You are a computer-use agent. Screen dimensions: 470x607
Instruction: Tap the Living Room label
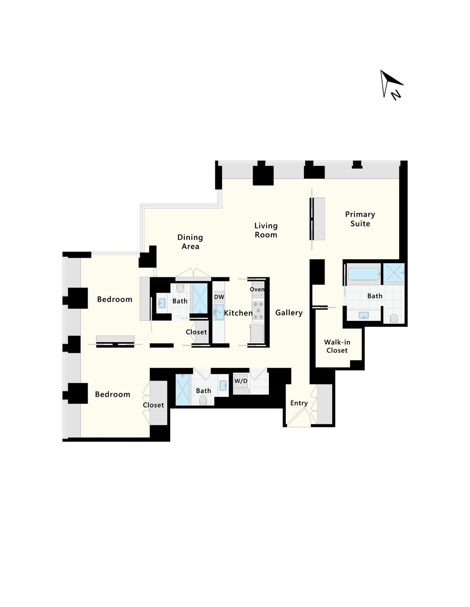pos(266,230)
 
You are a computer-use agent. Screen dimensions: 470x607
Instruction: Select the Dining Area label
pos(190,242)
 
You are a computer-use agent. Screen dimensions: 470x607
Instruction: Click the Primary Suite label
pos(360,219)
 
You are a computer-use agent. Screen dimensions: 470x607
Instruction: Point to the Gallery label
pos(289,313)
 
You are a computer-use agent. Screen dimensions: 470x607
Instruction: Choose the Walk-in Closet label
pos(337,346)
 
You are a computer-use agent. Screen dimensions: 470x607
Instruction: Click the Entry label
pos(299,403)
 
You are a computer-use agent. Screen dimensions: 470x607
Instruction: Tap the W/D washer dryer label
pos(241,381)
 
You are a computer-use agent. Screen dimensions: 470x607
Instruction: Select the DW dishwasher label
pos(219,297)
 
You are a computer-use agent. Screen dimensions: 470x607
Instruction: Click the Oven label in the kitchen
pos(257,290)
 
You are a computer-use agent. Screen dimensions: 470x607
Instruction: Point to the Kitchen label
pos(238,313)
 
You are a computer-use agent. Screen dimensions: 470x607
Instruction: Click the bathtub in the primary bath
pos(363,274)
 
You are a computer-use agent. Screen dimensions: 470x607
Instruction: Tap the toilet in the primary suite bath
pos(394,318)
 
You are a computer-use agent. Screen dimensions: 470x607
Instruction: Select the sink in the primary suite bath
pos(364,315)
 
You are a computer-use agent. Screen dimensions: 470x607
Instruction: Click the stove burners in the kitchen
pos(258,310)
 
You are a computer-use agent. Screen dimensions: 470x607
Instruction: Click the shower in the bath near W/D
pos(182,389)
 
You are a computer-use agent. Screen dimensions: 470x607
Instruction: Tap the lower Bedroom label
pos(113,394)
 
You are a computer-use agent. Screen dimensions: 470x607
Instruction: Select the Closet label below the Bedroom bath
pos(196,332)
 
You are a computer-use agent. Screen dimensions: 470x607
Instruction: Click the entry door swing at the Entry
pos(299,417)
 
